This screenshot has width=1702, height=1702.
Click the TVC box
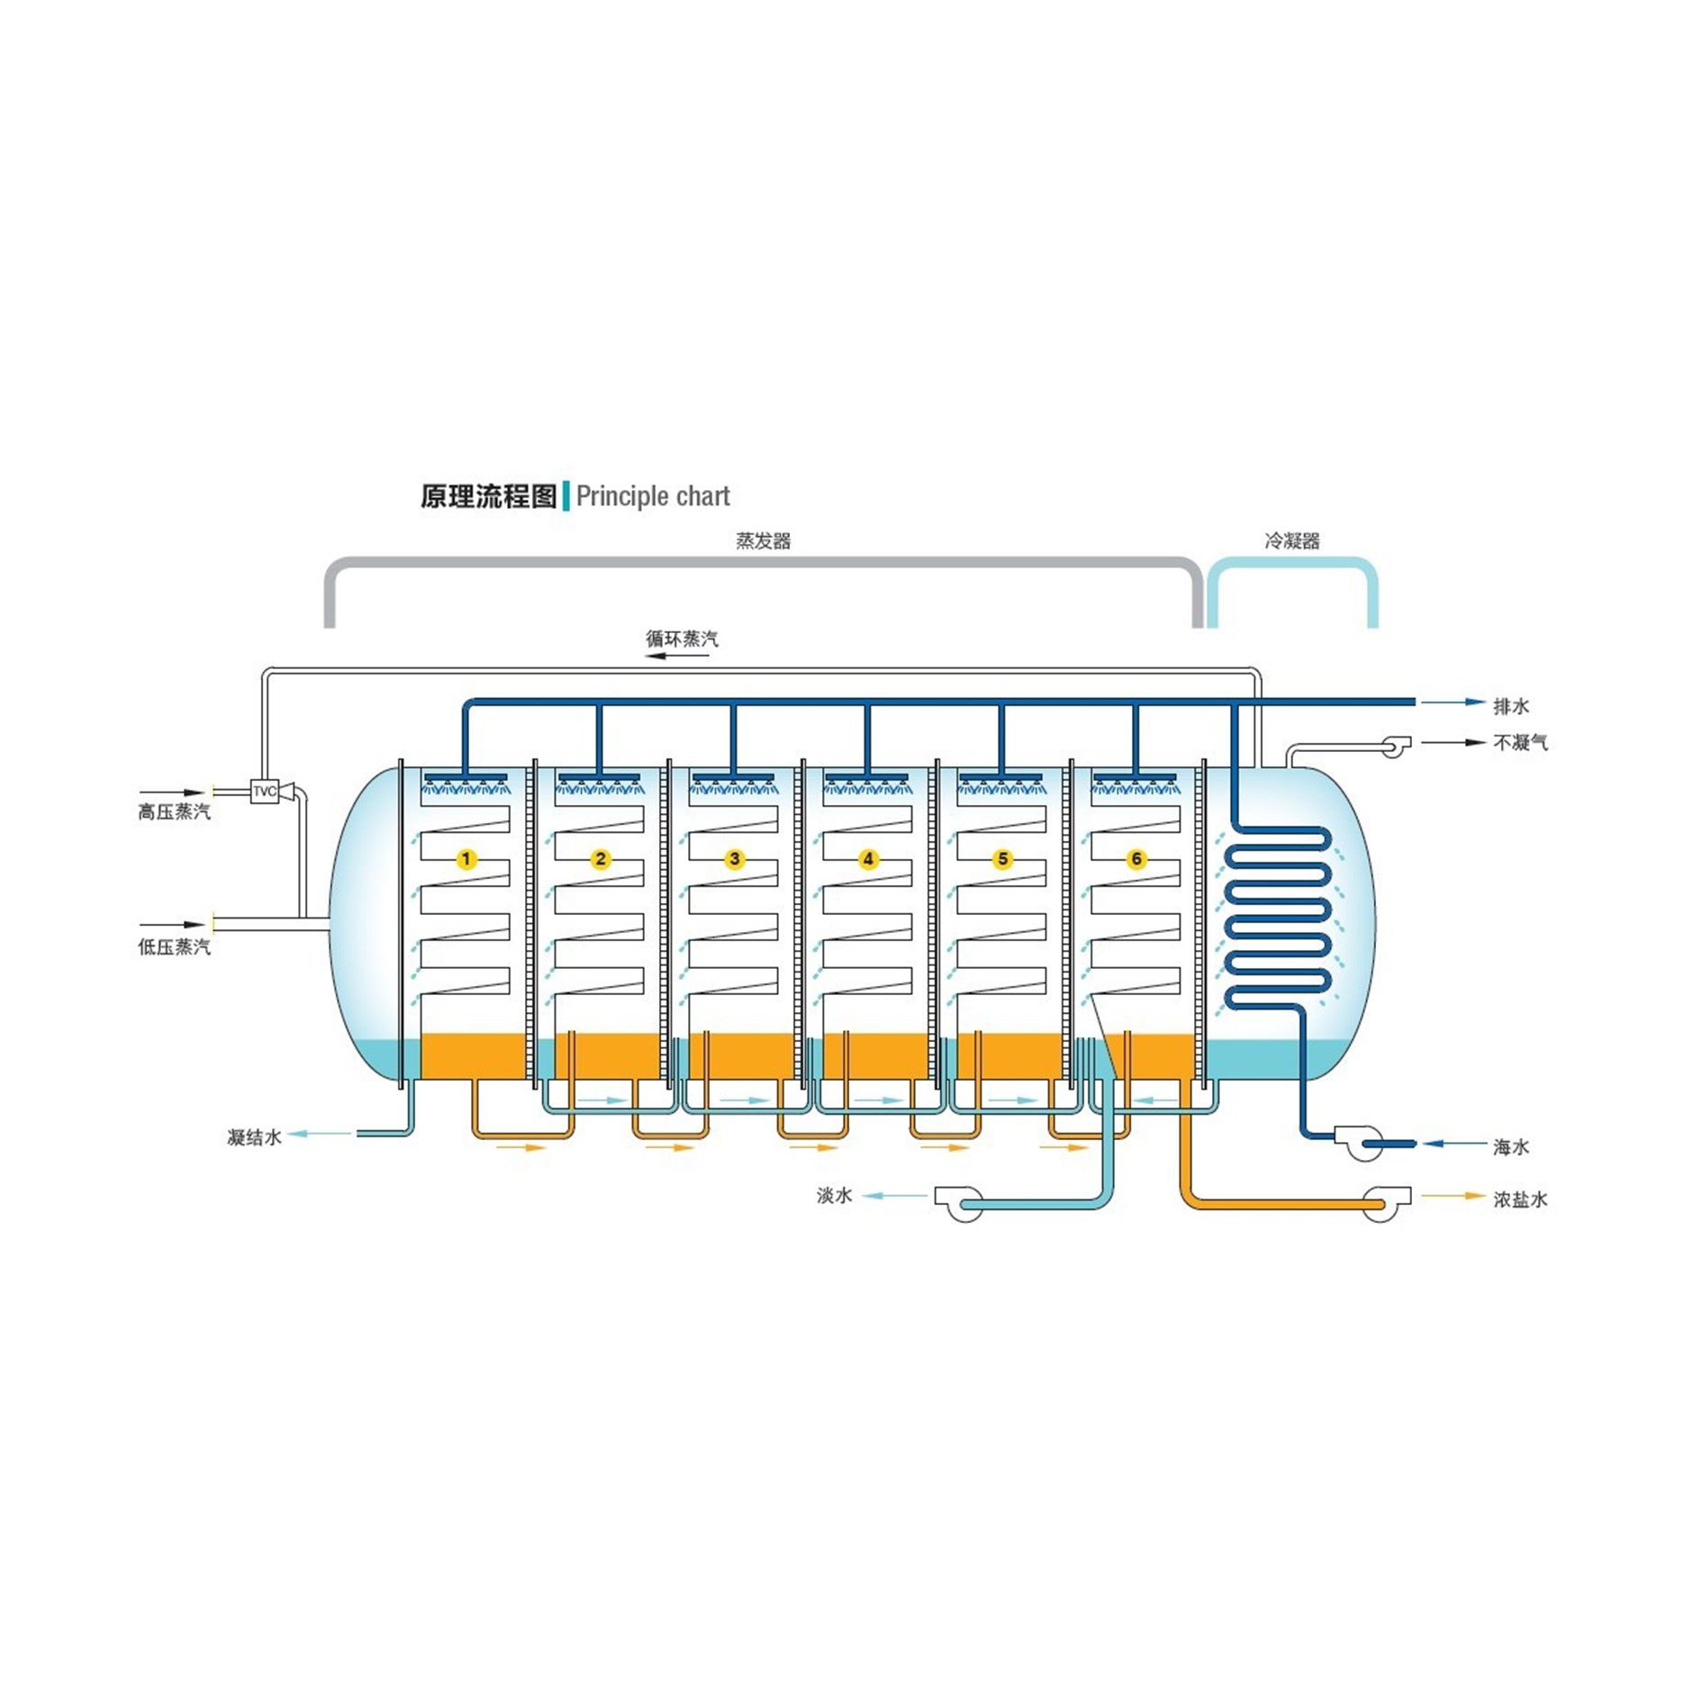[x=264, y=792]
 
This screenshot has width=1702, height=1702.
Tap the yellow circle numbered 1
[x=466, y=859]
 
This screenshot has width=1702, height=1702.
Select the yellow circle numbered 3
[x=735, y=859]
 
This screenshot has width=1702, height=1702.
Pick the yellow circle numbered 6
[x=1136, y=859]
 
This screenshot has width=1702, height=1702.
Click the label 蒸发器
[x=763, y=541]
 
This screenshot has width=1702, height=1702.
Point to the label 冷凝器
[x=1291, y=541]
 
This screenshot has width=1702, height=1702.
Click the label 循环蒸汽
[x=682, y=638]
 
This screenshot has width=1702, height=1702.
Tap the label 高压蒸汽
[x=174, y=812]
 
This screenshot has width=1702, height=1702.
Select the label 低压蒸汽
[x=174, y=946]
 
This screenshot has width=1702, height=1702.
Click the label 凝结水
[x=254, y=1137]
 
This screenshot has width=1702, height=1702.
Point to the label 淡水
[x=834, y=1196]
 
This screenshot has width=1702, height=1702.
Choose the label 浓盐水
[x=1520, y=1200]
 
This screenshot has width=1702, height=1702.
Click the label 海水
[x=1511, y=1147]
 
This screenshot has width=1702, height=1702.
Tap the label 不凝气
[x=1520, y=743]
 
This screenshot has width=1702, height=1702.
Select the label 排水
[x=1511, y=706]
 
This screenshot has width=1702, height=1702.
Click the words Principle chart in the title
[x=653, y=496]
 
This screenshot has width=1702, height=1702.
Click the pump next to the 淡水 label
[x=961, y=1203]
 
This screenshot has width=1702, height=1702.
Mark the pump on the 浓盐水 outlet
[x=1383, y=1203]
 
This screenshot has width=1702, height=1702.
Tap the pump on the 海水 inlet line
[x=1363, y=1143]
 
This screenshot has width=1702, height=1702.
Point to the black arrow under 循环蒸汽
[x=678, y=656]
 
